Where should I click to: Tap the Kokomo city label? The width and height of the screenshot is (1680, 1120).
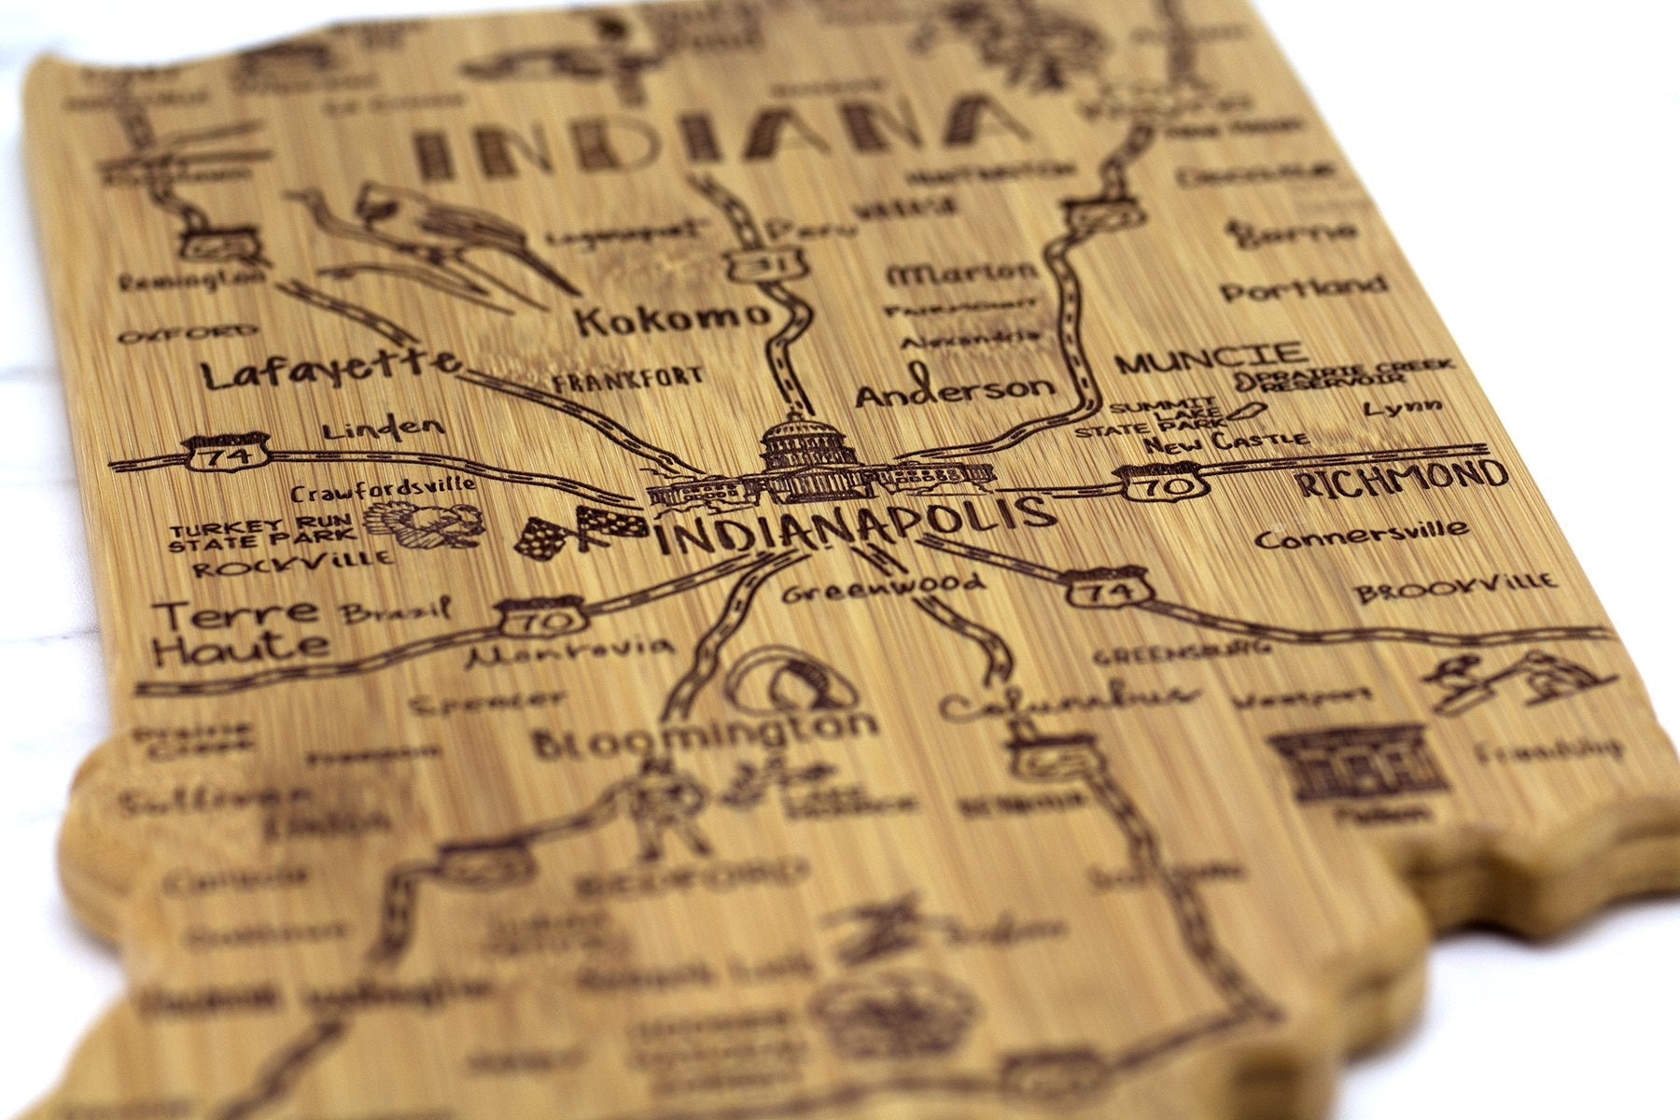(x=670, y=320)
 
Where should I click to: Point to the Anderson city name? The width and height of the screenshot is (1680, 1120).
(x=954, y=390)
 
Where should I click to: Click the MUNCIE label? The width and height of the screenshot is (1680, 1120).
(x=1211, y=357)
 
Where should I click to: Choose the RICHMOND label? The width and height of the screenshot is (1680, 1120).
(x=1402, y=479)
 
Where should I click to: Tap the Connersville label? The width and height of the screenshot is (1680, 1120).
(x=1361, y=536)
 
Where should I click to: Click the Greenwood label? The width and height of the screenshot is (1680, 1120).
(x=883, y=587)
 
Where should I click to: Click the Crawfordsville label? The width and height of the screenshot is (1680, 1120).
(x=383, y=486)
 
